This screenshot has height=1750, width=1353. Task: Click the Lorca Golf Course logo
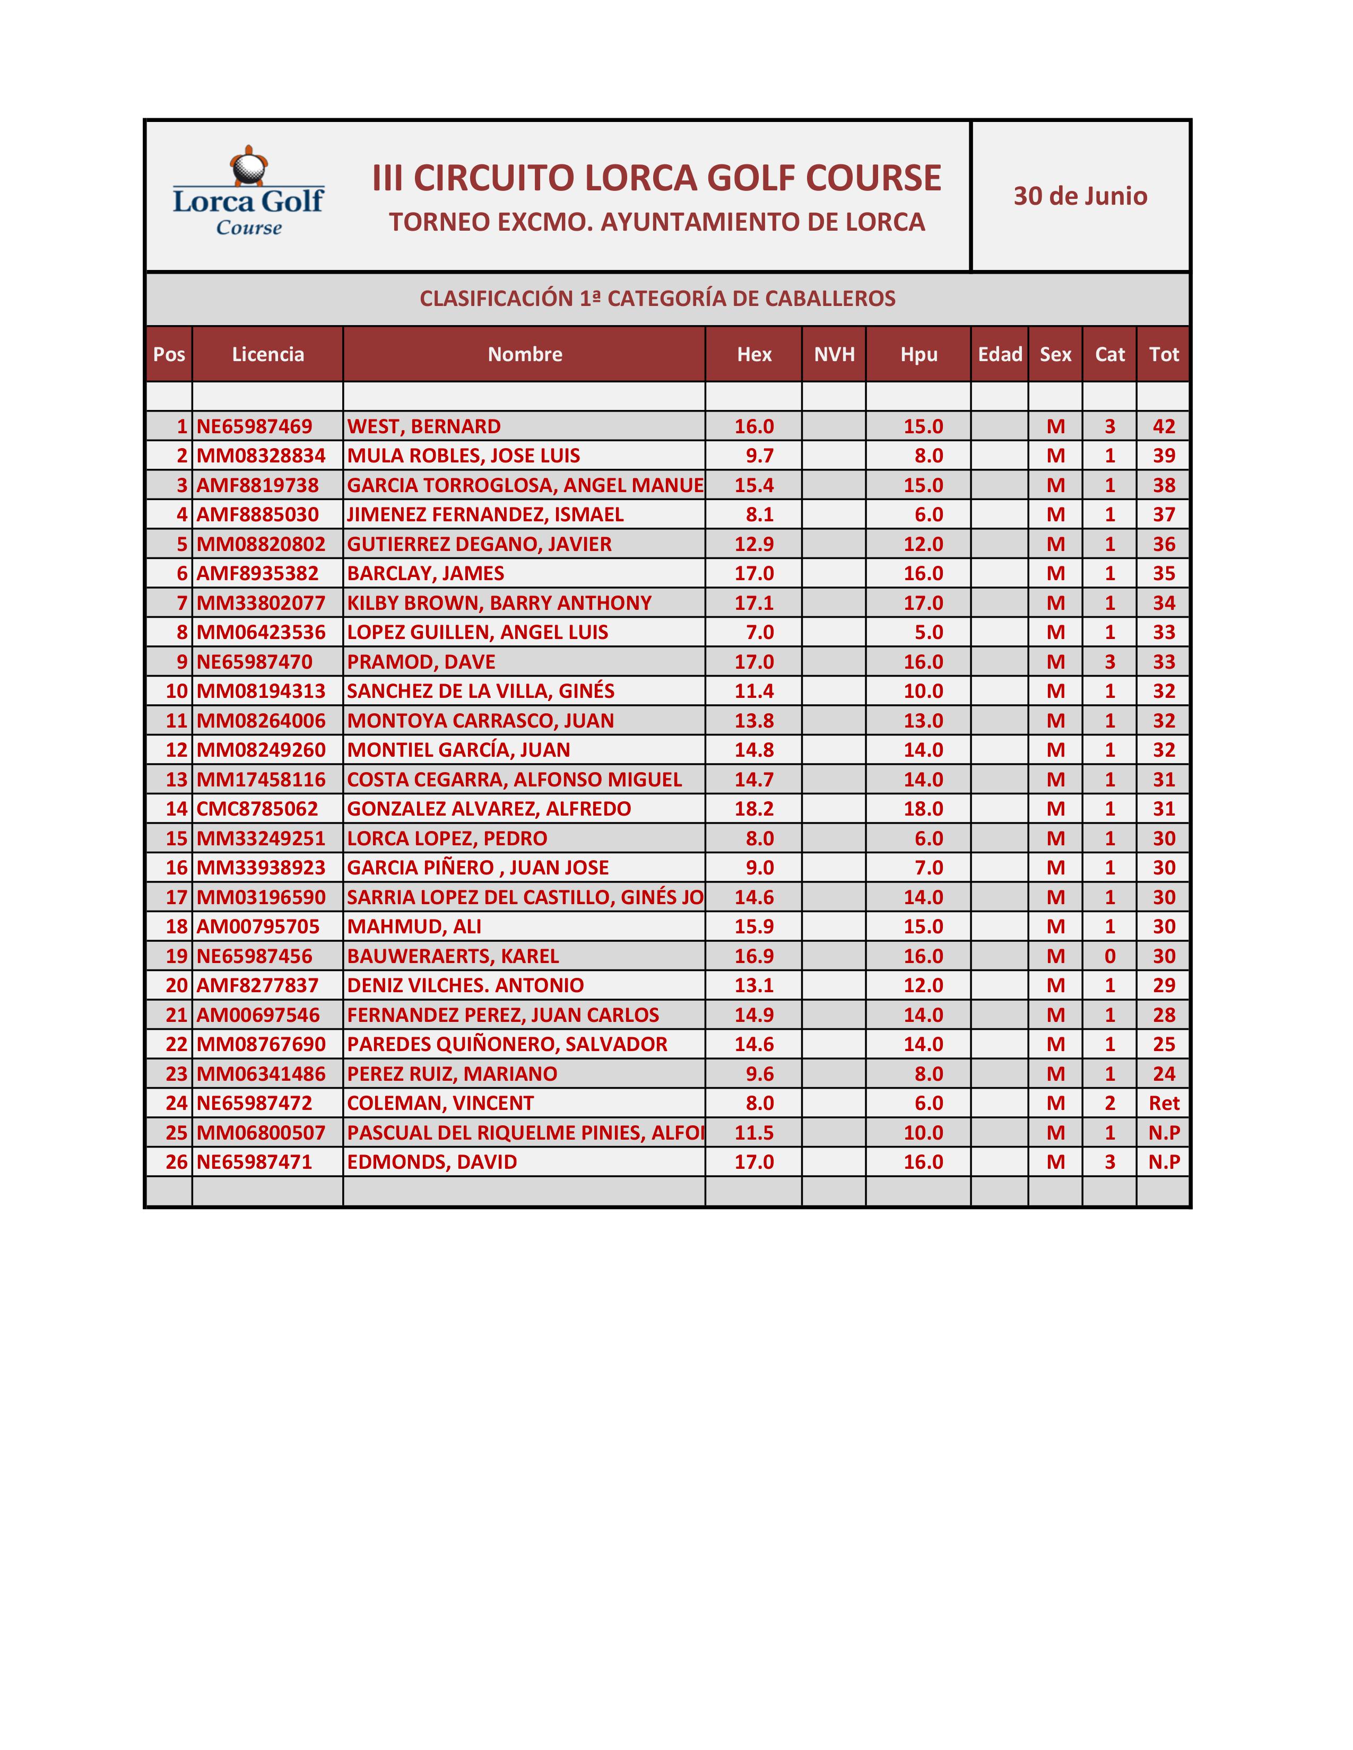248,192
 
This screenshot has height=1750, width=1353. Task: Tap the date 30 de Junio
1080,196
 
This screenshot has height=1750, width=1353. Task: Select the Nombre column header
524,354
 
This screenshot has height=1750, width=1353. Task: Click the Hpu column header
918,354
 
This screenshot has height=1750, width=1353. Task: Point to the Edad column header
1000,354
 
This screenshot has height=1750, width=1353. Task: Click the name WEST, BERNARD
423,426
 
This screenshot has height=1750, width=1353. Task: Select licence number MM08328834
261,456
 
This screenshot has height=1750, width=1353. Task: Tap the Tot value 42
1163,426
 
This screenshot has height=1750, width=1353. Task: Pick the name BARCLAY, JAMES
425,574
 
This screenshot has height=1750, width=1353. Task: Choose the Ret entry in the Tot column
1163,1104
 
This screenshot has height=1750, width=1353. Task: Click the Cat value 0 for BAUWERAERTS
1109,956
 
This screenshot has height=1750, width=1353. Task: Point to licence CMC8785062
257,809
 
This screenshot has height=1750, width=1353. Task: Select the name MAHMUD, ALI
414,927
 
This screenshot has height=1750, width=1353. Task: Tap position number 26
176,1162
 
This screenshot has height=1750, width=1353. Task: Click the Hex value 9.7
759,456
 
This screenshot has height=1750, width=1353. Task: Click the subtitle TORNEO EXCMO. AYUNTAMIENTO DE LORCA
656,222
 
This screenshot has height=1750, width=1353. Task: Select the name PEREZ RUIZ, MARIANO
452,1074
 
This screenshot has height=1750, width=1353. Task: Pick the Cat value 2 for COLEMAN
1109,1104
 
